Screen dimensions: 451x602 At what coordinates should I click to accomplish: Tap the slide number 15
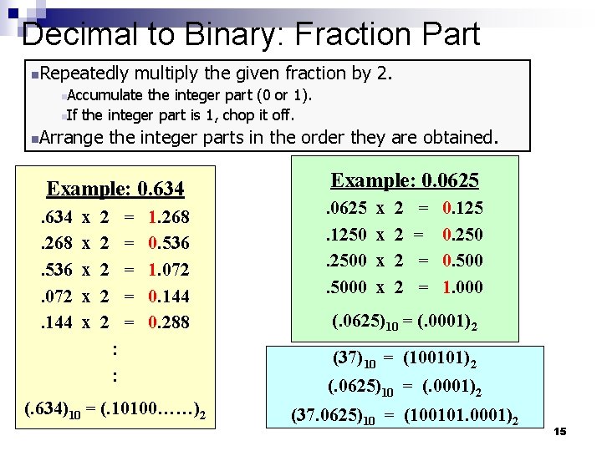(560, 431)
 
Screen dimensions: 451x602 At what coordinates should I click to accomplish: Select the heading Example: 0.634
(115, 189)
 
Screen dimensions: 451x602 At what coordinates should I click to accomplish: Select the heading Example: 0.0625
(405, 180)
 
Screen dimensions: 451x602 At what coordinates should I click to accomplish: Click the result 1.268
(168, 218)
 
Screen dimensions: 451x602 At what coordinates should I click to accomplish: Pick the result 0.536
(168, 244)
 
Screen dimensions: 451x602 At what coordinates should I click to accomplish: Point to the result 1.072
(168, 270)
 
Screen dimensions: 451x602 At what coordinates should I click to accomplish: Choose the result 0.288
(168, 322)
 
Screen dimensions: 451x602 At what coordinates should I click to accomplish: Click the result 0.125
(462, 208)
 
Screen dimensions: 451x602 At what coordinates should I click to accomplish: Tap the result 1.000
(462, 286)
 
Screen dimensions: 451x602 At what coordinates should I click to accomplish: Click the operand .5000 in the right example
(345, 286)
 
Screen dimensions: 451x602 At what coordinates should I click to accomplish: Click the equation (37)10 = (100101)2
(404, 360)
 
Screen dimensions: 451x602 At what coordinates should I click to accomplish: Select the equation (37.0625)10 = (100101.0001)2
(404, 414)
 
